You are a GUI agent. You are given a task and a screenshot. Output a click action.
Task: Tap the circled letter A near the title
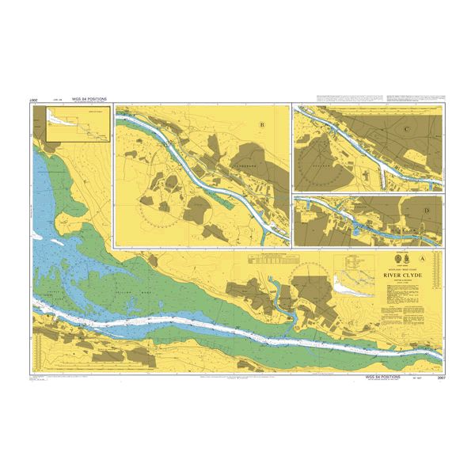coord(423,259)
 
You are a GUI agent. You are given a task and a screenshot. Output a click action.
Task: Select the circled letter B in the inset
coord(262,124)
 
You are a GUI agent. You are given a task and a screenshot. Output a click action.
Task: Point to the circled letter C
coord(406,129)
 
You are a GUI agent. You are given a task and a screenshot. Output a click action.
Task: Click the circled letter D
coord(427,210)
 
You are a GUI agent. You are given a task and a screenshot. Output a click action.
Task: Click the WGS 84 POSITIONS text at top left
coord(89,101)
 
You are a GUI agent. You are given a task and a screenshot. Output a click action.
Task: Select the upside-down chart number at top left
coord(34,101)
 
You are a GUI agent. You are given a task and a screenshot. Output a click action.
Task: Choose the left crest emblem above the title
coord(395,260)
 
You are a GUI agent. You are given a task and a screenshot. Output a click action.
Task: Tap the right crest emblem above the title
coord(407,260)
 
